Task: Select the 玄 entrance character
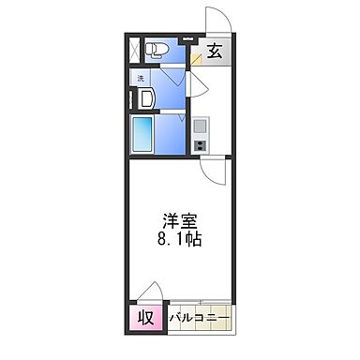click(x=215, y=52)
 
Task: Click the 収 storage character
click(x=147, y=316)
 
